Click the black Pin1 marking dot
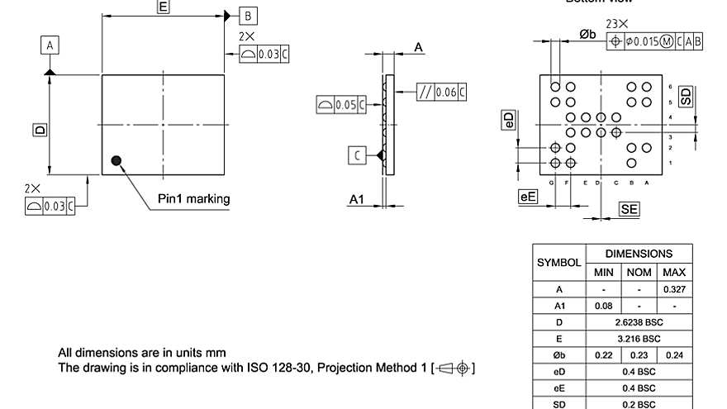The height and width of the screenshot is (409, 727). [116, 160]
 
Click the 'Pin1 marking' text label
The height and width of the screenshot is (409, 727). [194, 199]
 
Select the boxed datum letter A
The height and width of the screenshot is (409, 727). [50, 46]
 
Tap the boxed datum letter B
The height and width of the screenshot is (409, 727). [248, 16]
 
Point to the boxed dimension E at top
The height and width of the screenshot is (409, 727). [164, 7]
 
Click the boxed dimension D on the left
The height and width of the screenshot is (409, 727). [38, 130]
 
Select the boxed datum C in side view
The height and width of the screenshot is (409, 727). [357, 155]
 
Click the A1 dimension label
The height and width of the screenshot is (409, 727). [357, 200]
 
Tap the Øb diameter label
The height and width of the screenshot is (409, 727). [587, 34]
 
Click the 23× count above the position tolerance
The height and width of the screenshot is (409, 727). [616, 24]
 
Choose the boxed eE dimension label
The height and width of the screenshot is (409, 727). [527, 197]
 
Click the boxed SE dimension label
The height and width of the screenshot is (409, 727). [629, 210]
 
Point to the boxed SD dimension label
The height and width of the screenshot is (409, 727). [686, 97]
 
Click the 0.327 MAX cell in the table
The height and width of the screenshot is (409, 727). [674, 289]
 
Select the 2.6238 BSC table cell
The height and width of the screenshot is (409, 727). [639, 322]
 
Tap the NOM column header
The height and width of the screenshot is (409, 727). [639, 272]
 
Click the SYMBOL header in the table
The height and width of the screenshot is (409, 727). [559, 263]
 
